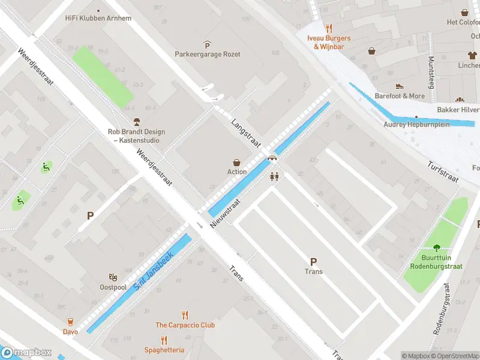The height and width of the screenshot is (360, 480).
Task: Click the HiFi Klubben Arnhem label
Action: click(98, 18)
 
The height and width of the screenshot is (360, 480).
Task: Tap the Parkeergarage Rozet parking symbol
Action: click(207, 44)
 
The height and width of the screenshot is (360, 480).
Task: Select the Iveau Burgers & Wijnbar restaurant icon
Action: click(329, 28)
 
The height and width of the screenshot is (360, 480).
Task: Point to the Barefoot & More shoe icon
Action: click(400, 86)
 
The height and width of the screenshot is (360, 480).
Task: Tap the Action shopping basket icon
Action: click(237, 162)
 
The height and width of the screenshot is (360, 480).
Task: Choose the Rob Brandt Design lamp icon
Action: click(137, 122)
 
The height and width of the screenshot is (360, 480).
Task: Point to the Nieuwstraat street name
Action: click(226, 214)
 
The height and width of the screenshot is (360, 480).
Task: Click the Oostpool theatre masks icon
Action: click(113, 277)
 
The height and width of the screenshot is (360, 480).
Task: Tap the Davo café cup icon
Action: click(70, 322)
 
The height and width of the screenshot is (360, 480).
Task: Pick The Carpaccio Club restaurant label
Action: click(185, 325)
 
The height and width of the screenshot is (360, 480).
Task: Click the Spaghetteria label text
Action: click(164, 350)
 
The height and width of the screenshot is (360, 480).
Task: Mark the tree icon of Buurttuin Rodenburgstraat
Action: click(436, 247)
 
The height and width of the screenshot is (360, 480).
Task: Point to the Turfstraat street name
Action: click(443, 172)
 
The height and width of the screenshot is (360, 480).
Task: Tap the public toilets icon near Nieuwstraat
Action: click(275, 176)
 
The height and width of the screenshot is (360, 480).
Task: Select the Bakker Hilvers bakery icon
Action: click(460, 100)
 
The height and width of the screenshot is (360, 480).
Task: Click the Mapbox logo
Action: click(26, 353)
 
